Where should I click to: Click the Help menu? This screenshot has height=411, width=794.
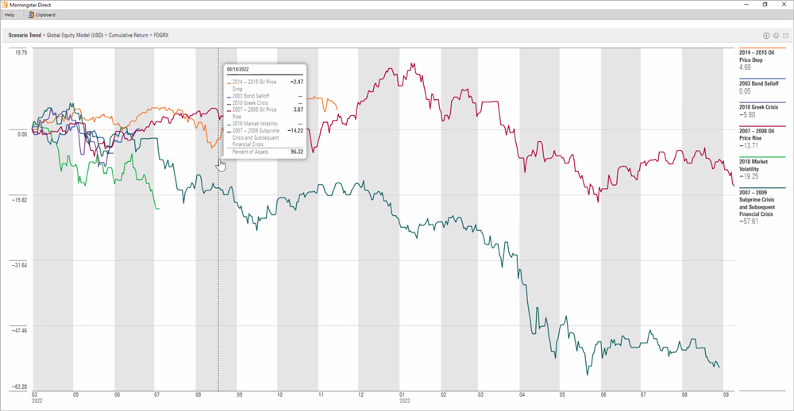[x=10, y=14]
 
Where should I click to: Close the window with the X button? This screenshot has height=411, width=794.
[x=784, y=4]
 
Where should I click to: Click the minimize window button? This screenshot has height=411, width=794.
[x=746, y=4]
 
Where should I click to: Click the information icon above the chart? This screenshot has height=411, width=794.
[x=766, y=36]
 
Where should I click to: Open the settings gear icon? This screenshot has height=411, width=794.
[x=776, y=36]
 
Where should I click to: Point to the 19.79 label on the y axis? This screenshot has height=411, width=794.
[x=20, y=53]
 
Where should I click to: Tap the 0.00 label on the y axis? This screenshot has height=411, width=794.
[x=21, y=134]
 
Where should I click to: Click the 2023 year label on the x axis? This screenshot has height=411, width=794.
[x=404, y=401]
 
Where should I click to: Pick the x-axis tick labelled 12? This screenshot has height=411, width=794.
[x=361, y=394]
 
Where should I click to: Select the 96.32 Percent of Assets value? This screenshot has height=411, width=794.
[x=296, y=152]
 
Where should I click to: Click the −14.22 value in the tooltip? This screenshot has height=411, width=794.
[x=295, y=131]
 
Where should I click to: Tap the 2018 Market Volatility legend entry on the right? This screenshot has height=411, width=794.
[x=754, y=165]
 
